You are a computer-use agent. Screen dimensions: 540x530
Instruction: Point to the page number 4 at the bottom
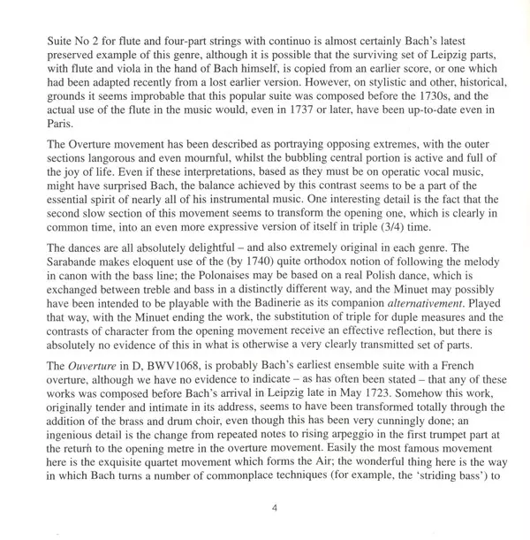pyautogui.click(x=265, y=510)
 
